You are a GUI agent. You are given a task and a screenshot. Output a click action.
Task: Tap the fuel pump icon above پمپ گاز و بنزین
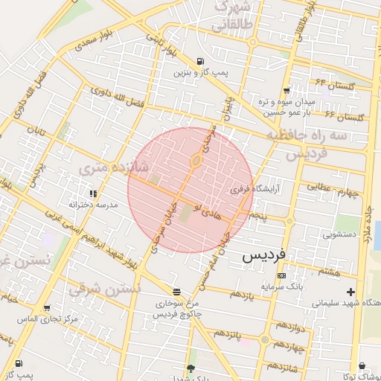tap(199, 62)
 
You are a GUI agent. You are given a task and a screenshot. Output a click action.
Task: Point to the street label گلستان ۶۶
tap(342, 117)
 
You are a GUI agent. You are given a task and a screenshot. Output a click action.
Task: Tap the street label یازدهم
tap(242, 294)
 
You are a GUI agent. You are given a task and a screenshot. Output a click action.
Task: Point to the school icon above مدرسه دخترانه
tap(93, 193)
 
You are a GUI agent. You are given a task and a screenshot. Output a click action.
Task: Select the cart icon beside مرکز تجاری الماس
tap(48, 307)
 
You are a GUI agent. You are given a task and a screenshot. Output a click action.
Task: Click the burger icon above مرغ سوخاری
tap(176, 292)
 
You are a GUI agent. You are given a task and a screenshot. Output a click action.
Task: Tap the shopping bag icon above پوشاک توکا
tap(362, 366)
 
